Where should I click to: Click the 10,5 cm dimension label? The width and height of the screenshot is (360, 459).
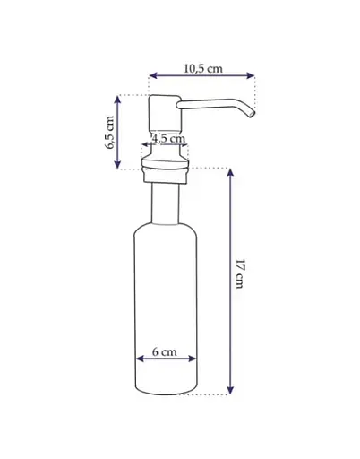(x=203, y=68)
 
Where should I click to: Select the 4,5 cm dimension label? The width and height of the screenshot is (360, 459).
(x=168, y=139)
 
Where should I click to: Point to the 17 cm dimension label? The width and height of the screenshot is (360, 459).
(x=240, y=273)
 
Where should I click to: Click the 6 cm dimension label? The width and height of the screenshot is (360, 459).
(x=165, y=352)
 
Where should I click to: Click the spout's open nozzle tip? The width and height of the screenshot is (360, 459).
(x=252, y=114)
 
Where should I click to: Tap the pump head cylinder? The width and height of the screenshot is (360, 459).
(x=165, y=114)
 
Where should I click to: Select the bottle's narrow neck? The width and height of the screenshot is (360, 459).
(x=166, y=204)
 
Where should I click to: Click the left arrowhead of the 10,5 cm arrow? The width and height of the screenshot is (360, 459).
(x=153, y=75)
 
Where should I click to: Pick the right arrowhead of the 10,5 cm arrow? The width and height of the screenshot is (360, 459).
(x=251, y=75)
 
